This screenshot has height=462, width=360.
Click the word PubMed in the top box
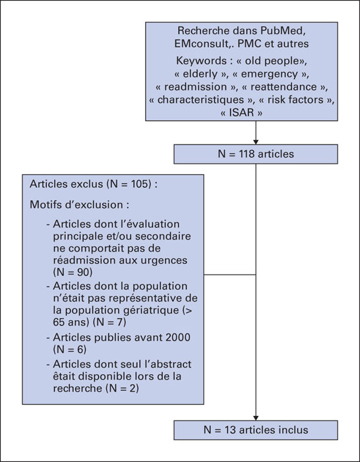tap(284, 30)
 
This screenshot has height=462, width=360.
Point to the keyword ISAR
tap(241, 113)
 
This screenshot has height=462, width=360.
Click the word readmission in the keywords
tap(195, 86)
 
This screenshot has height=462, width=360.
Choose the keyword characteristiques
tap(200, 100)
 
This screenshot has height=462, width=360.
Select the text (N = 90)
tap(73, 272)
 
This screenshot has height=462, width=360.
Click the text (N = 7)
tap(109, 322)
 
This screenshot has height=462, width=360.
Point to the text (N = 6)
tap(70, 349)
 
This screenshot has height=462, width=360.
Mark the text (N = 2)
tap(122, 388)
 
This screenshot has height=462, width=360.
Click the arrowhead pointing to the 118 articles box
tap(256, 143)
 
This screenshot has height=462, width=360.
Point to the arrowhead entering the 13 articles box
tap(256, 418)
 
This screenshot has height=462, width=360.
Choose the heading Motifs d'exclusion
tap(80, 205)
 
